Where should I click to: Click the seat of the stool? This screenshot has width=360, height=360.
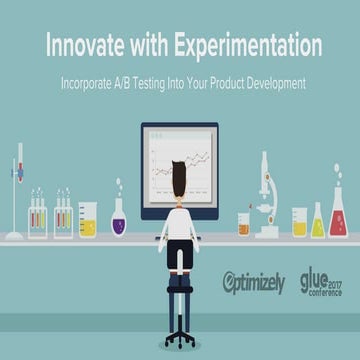tap(180, 272)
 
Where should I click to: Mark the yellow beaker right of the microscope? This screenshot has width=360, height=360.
tap(299, 222)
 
